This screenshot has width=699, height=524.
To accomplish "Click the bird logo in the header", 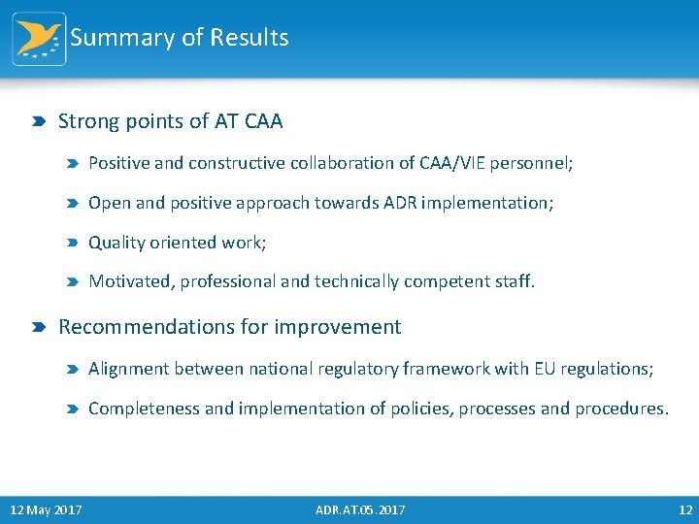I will (x=39, y=39).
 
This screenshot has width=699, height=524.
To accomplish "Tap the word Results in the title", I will (x=250, y=38).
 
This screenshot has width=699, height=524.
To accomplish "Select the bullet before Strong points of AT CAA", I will (x=37, y=122).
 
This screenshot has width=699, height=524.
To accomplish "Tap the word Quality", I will (x=116, y=243).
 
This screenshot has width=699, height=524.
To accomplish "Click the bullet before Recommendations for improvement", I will (x=37, y=328).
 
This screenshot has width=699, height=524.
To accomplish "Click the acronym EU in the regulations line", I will (x=545, y=369).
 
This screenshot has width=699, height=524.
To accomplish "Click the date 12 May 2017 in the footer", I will (x=46, y=509).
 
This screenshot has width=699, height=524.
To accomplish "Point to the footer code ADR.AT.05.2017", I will (x=360, y=509).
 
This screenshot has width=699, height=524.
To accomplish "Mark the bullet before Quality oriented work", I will (x=72, y=244).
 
